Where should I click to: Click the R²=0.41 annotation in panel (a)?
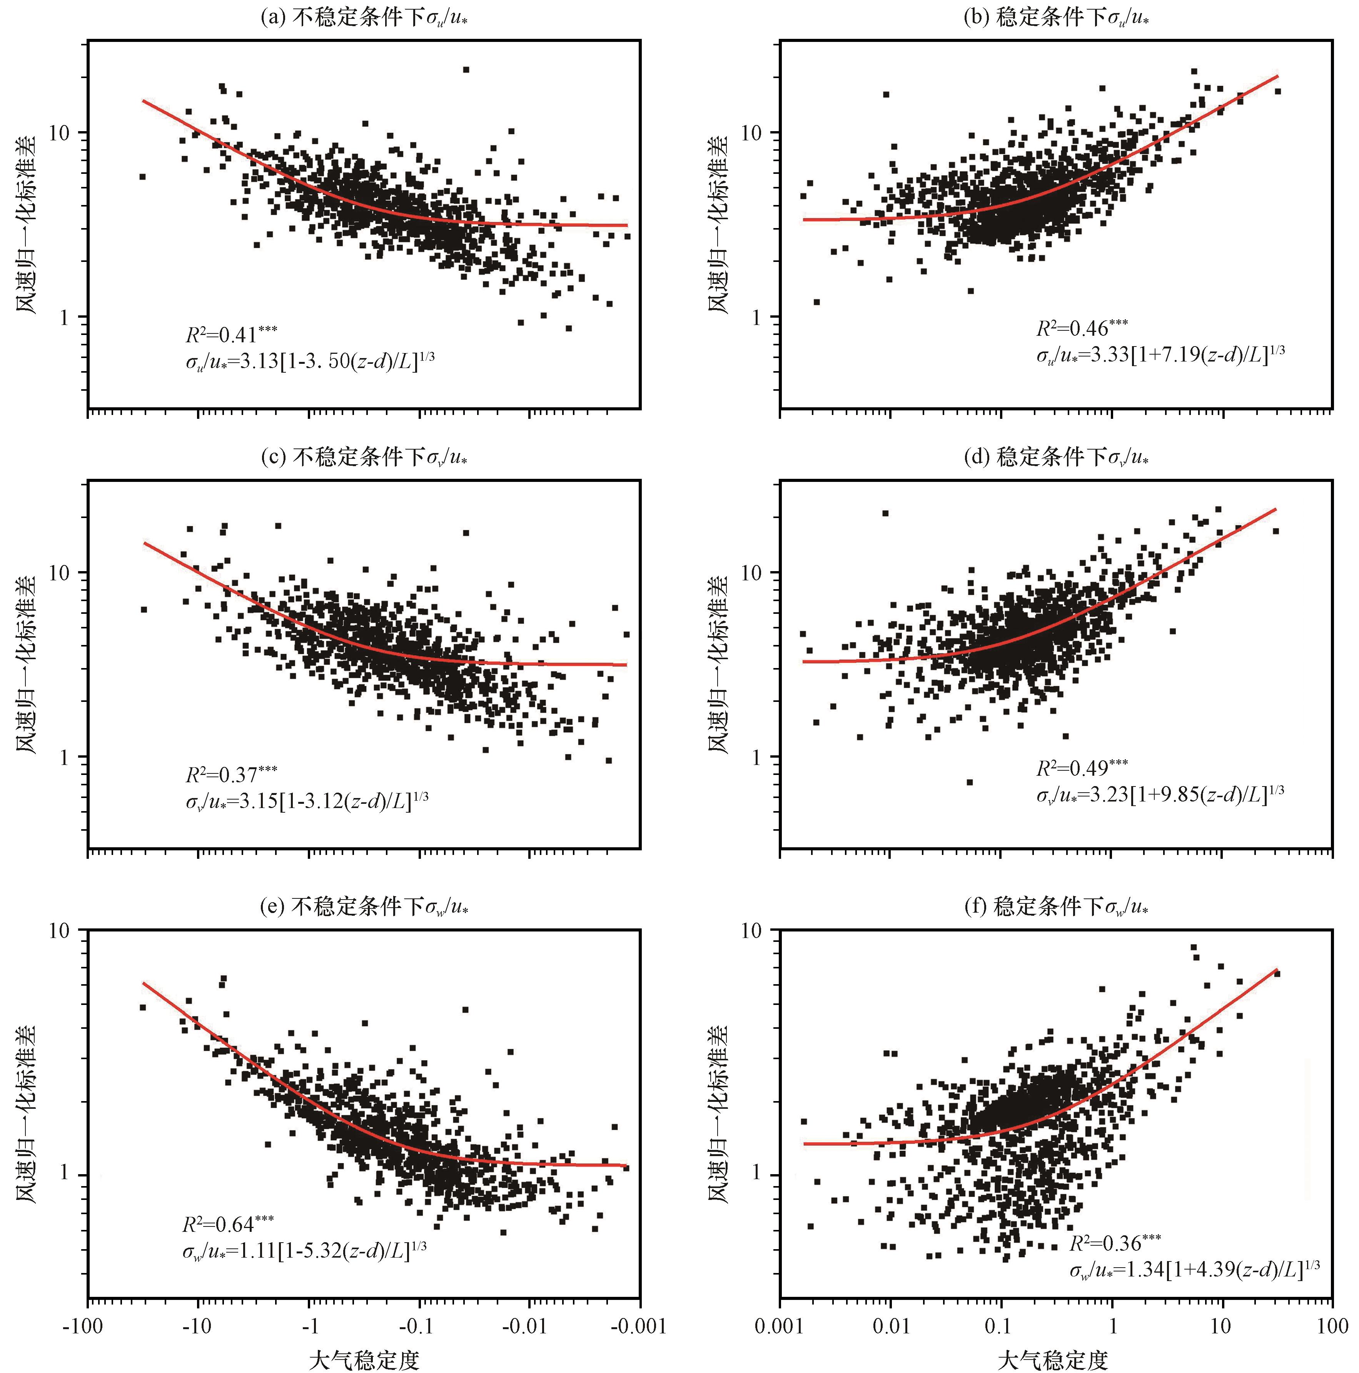[231, 334]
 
